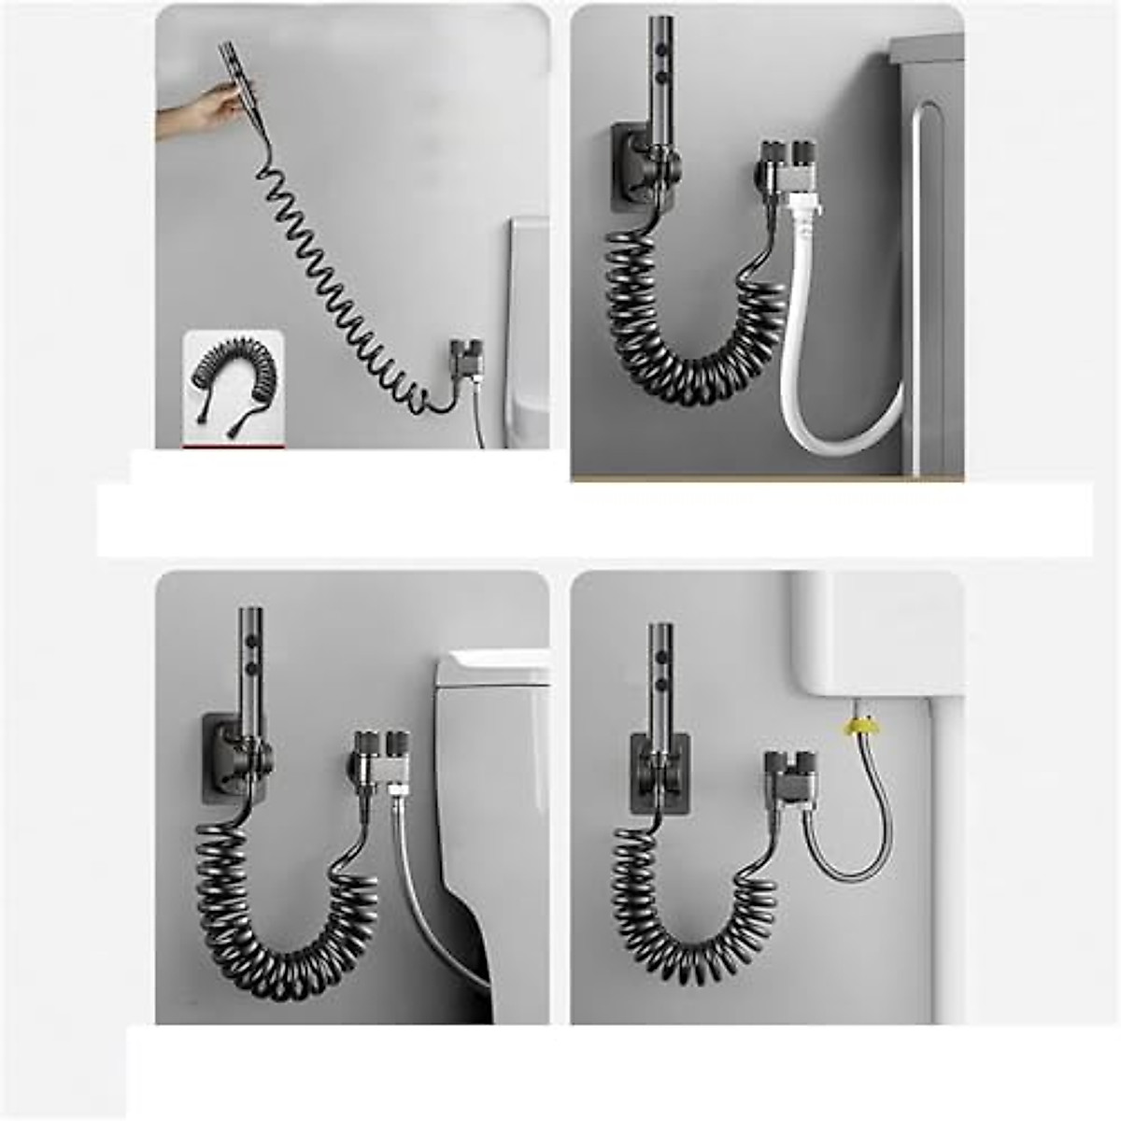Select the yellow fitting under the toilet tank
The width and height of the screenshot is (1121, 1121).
[852, 726]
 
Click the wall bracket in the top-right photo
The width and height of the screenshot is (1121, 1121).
[635, 168]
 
